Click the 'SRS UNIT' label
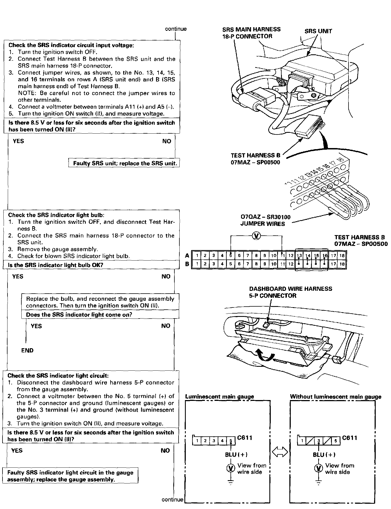pos(318,31)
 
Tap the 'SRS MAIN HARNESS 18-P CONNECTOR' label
pos(251,33)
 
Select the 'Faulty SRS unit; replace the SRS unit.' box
pos(125,163)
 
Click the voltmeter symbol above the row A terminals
pos(256,236)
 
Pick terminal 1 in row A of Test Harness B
pos(196,256)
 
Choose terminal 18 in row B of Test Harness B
pos(342,264)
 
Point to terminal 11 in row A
pos(282,256)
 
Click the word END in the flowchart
pos(27,350)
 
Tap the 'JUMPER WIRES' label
pos(262,224)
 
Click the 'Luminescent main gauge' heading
pos(219,396)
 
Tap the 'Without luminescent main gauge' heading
pos(335,396)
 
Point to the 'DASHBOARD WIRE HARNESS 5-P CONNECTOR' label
pos(290,292)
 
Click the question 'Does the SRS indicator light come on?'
pos(79,315)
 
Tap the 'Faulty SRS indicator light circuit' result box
pos(70,476)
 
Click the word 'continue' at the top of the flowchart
pos(176,29)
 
